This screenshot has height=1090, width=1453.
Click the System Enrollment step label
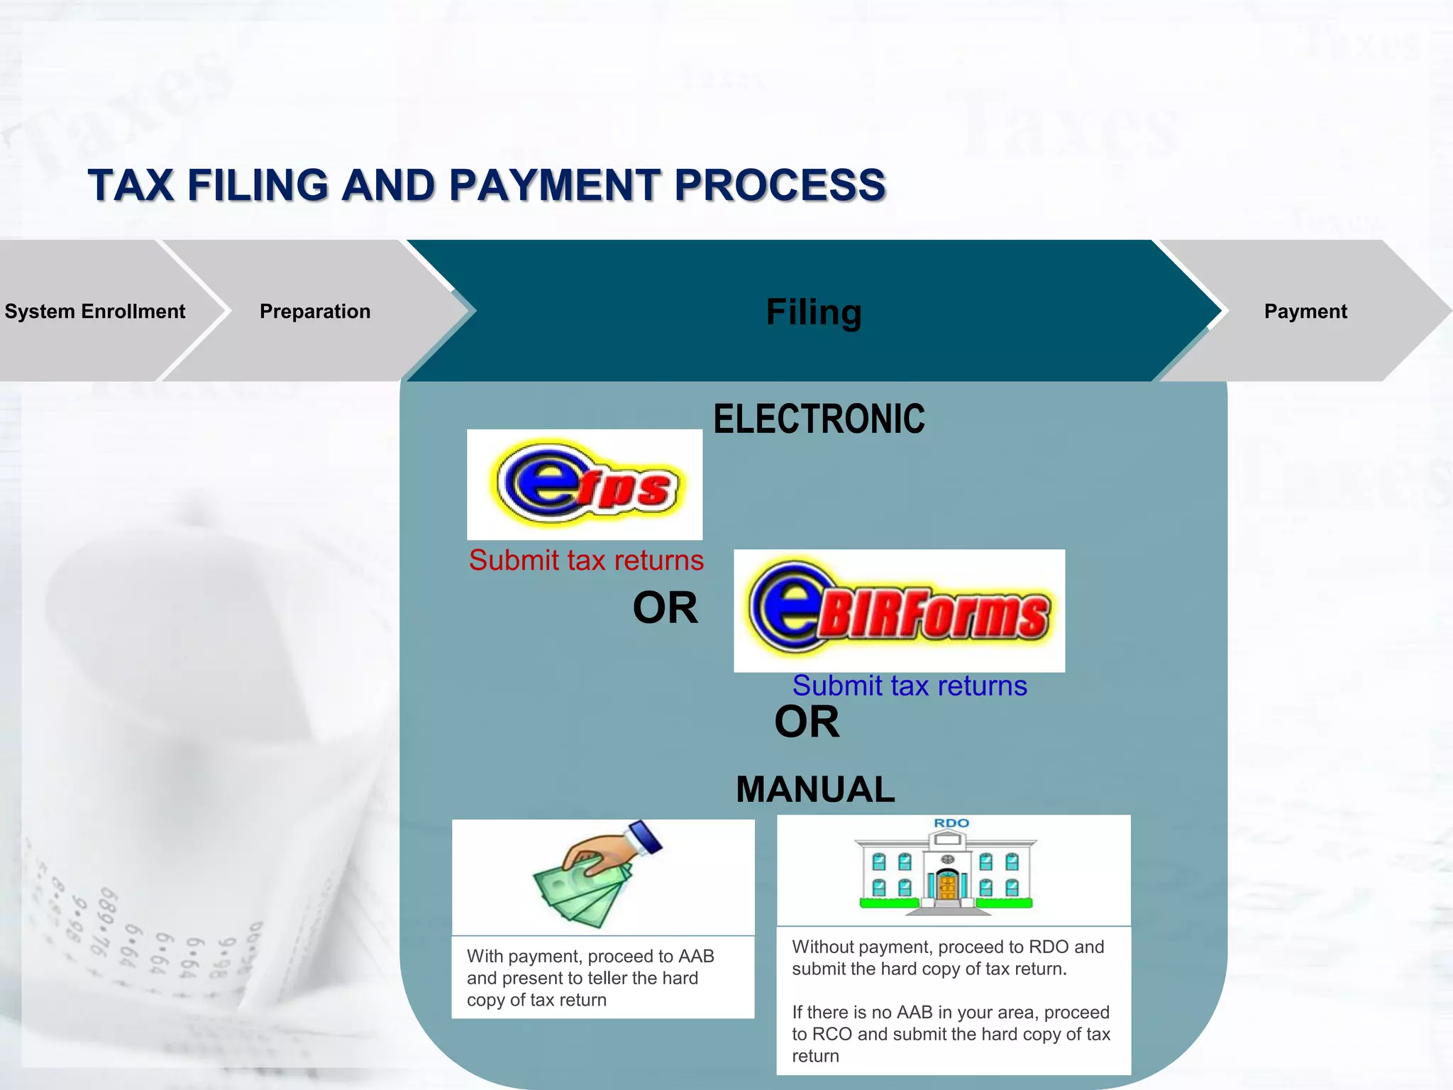click(94, 312)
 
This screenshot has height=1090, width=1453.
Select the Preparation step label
click(315, 312)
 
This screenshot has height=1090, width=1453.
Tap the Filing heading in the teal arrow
click(814, 312)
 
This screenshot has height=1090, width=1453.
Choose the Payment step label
click(1305, 312)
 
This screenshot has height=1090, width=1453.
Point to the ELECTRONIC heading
click(819, 419)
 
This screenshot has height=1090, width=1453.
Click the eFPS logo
click(585, 484)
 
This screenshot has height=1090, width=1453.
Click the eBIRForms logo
click(899, 610)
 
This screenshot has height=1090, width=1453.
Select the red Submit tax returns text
click(586, 561)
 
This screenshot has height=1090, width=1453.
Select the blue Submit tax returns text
click(910, 686)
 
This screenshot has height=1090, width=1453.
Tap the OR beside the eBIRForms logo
click(665, 608)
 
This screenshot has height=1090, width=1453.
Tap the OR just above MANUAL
click(807, 722)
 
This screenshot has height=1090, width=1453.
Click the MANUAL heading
click(815, 790)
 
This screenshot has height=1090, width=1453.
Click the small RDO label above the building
click(951, 823)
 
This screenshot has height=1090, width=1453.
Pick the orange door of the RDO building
click(947, 886)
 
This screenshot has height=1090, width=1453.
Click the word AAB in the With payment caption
click(696, 957)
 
